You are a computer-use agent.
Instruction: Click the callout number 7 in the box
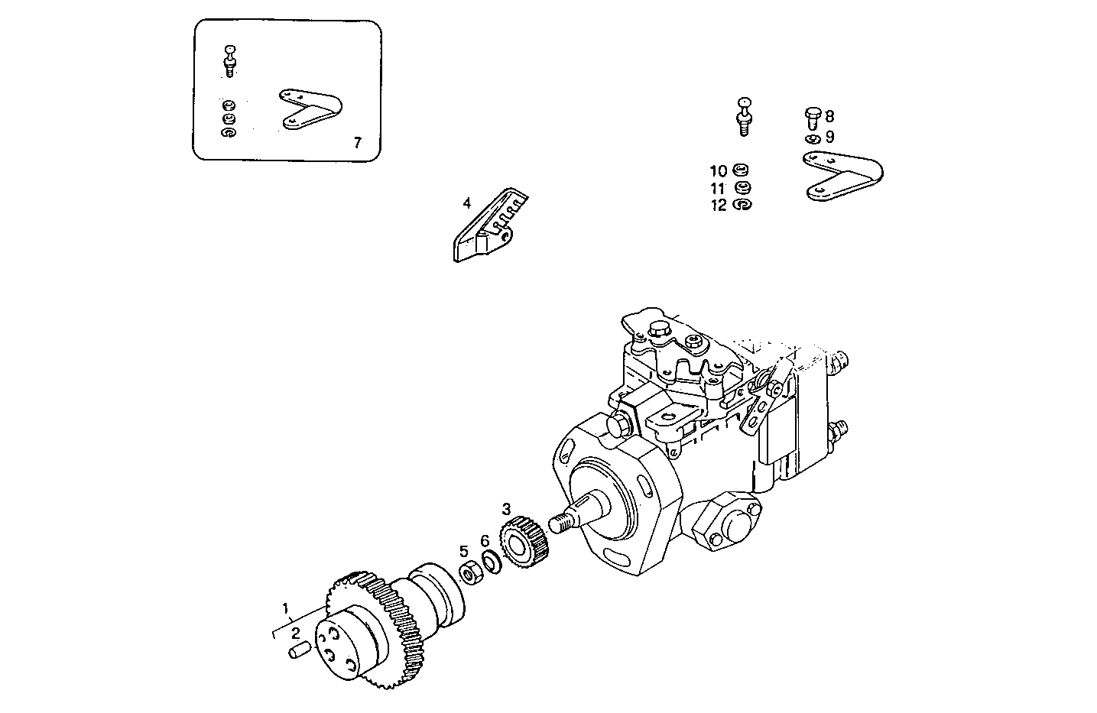[x=357, y=142]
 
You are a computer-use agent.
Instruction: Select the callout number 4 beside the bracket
[x=466, y=203]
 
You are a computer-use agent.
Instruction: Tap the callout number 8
[x=829, y=117]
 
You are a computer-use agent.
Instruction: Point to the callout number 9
[x=829, y=138]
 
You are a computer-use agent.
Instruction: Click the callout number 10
[x=718, y=171]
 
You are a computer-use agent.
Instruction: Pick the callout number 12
[x=718, y=206]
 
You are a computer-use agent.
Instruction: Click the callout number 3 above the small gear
[x=506, y=507]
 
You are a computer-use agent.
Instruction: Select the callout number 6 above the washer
[x=485, y=541]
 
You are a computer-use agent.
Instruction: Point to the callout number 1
[x=286, y=609]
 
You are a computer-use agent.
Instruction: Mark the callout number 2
[x=294, y=633]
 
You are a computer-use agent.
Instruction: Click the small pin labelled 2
[x=299, y=652]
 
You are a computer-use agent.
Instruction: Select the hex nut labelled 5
[x=469, y=571]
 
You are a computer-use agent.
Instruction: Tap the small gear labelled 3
[x=525, y=540]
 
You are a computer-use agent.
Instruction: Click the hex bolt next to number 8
[x=813, y=117]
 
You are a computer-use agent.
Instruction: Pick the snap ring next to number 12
[x=742, y=205]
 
